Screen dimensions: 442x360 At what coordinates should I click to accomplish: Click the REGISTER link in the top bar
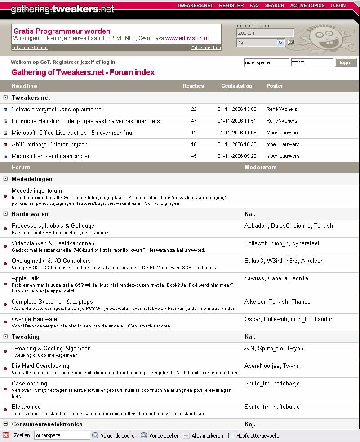coord(231,6)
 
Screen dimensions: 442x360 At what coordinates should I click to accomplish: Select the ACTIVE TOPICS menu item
coord(307,6)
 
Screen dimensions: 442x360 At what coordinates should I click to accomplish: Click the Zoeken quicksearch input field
coord(265,33)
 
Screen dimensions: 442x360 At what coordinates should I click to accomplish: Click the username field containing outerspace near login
coord(267,62)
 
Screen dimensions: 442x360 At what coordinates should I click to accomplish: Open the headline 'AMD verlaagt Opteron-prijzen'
coord(49,145)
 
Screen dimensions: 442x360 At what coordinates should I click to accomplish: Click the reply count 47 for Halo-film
coord(194,121)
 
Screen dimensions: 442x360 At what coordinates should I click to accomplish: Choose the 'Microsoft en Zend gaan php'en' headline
coord(51,156)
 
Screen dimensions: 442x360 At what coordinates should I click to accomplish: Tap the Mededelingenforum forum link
coord(37,191)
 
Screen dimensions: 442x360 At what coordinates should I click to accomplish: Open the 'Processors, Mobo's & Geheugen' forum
coord(54,226)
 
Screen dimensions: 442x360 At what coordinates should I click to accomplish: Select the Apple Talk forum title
coord(25,278)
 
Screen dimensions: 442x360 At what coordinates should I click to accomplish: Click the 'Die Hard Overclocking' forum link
coord(40,366)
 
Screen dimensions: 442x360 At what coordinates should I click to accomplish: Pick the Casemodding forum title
coord(29,384)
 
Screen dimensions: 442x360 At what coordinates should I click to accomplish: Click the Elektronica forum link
coord(26,407)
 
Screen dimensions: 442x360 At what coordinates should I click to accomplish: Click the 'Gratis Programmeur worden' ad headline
coord(62,31)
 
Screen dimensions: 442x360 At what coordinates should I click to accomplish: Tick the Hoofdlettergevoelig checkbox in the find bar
coord(231,435)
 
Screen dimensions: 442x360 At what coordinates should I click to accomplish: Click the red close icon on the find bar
coord(6,435)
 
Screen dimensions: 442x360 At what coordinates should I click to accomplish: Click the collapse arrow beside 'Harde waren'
coord(6,214)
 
